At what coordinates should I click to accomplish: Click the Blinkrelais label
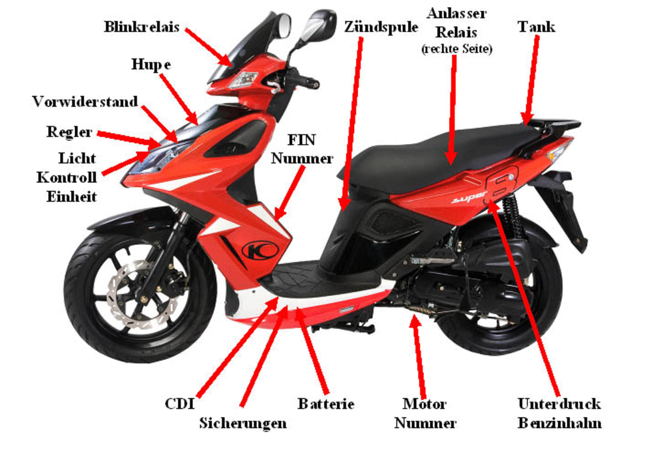(x=141, y=27)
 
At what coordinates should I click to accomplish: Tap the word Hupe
(x=151, y=65)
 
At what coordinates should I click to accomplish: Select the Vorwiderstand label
(x=85, y=102)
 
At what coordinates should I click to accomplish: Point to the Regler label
(x=69, y=132)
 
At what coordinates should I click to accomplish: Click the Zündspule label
(x=381, y=27)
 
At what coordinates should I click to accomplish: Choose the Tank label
(x=537, y=27)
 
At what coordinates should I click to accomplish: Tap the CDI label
(x=180, y=403)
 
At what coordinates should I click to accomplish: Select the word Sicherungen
(x=243, y=424)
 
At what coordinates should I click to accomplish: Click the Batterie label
(x=326, y=403)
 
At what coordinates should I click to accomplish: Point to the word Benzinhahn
(x=559, y=423)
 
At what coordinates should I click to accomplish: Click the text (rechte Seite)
(x=456, y=49)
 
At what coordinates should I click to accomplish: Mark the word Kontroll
(x=67, y=177)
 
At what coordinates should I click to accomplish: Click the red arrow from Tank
(x=531, y=80)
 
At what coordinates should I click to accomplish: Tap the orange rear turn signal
(x=556, y=153)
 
